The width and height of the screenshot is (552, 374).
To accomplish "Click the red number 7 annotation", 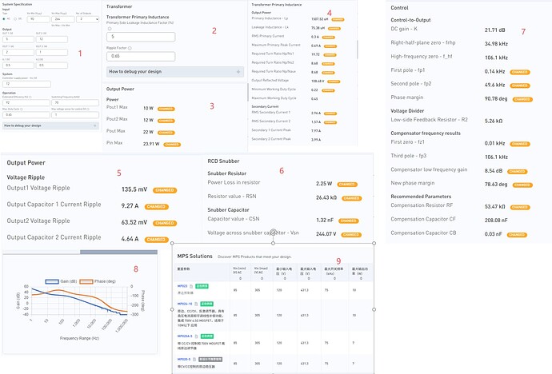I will (x=522, y=31).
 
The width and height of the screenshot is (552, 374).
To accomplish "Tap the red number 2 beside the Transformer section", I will (x=214, y=31).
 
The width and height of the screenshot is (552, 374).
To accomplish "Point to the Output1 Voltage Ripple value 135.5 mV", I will (x=134, y=189).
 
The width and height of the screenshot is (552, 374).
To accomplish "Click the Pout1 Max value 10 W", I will (x=149, y=107).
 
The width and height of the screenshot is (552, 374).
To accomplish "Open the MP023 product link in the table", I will (x=182, y=286).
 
